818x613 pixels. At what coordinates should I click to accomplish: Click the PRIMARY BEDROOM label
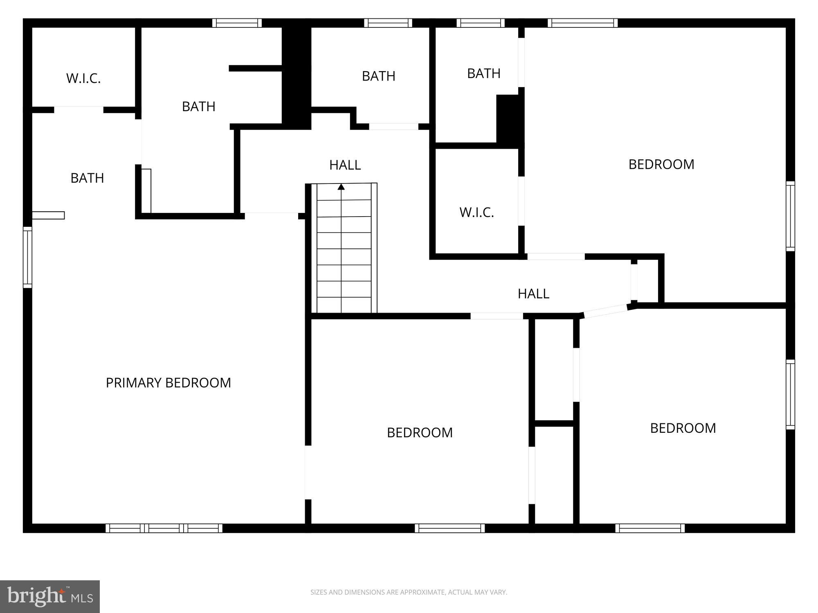168,383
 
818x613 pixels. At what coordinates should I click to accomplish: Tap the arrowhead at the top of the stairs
341,187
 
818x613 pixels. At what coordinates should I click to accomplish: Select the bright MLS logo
49,597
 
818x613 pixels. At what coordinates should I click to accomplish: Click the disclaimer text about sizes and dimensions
409,592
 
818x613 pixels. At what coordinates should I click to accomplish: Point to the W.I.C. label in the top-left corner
83,78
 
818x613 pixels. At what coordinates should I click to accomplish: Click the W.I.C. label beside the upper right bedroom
476,213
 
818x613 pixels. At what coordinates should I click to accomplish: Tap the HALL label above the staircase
345,165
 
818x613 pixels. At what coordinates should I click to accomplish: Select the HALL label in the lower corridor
533,294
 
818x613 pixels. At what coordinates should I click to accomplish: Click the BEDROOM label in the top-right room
661,164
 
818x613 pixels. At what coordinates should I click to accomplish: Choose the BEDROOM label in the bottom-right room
683,428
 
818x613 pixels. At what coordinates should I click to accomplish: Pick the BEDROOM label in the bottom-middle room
420,433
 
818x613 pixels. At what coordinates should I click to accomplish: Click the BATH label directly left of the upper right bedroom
483,74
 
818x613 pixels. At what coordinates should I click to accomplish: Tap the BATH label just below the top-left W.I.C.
87,178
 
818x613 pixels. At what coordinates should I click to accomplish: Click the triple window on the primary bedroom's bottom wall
164,528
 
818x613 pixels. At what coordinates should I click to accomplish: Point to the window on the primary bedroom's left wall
27,257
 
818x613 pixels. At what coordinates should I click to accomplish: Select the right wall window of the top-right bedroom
790,216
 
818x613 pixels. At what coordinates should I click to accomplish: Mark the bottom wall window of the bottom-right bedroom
650,528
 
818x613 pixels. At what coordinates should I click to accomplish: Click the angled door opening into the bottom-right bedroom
605,311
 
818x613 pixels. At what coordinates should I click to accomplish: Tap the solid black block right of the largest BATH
296,78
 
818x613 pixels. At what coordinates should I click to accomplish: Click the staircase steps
344,253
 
